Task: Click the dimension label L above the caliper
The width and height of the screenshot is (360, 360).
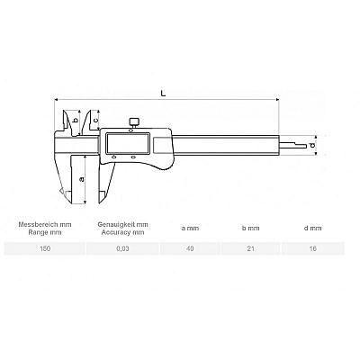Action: tap(163, 93)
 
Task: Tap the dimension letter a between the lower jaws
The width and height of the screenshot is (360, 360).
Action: tap(81, 179)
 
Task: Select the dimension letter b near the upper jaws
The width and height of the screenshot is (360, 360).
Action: tap(76, 121)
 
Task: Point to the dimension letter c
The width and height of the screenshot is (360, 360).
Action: tap(95, 120)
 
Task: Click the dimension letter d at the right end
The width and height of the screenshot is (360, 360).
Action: tap(312, 146)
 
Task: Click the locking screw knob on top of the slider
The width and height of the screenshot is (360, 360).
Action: tap(133, 122)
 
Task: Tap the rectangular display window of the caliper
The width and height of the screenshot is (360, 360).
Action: tap(128, 144)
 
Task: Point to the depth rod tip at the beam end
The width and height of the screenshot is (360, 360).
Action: tap(305, 146)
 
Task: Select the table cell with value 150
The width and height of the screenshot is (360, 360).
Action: tap(45, 248)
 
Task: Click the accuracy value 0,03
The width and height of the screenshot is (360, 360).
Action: tap(122, 248)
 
